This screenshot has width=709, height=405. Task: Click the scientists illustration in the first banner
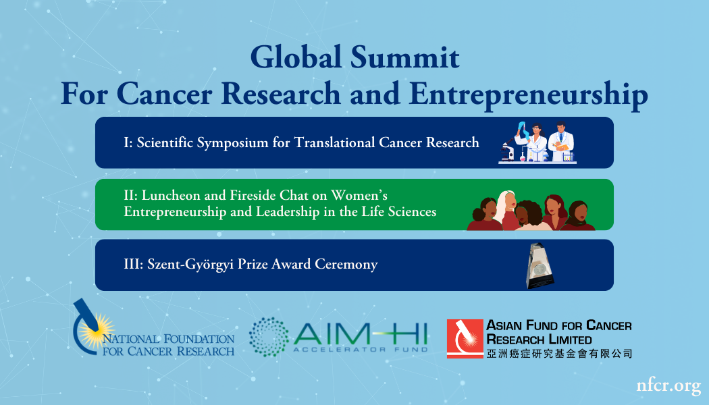point(538,142)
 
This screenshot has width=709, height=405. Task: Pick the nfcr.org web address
point(668,385)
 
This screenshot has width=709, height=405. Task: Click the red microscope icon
point(464,338)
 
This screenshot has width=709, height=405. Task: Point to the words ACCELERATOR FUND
point(360,350)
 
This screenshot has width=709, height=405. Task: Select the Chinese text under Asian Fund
point(559,353)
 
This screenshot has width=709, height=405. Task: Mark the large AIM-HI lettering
point(360,332)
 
